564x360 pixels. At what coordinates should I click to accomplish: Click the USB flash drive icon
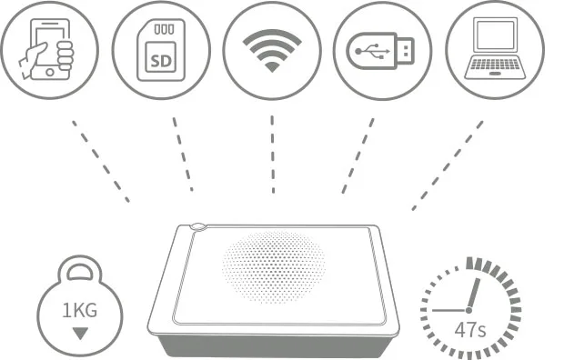(x=383, y=50)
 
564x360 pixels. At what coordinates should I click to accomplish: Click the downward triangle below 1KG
(x=80, y=332)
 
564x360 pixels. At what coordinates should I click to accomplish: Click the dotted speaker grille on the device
(x=273, y=265)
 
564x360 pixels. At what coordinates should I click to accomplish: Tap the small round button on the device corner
(x=198, y=227)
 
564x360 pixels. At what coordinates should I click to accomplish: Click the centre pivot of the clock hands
(x=468, y=310)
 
